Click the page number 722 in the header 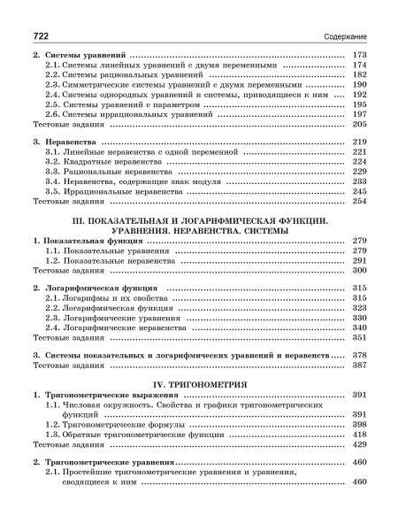[40, 35]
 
